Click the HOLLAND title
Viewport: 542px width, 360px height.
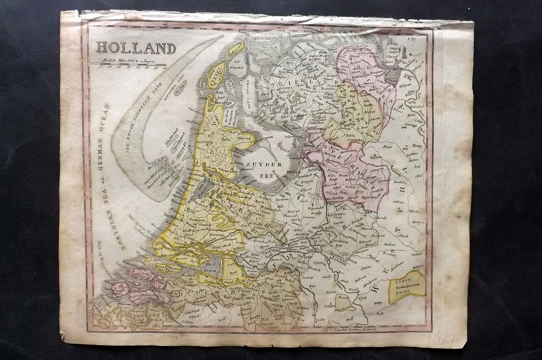135,48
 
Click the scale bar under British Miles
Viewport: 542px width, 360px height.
128,64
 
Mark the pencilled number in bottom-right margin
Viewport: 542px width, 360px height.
443,340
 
